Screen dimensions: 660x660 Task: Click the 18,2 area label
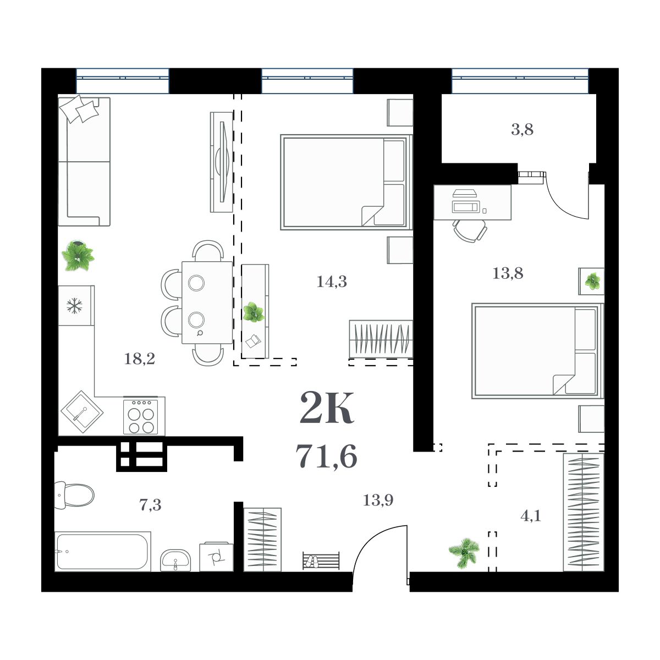pyautogui.click(x=140, y=360)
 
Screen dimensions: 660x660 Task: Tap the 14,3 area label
pyautogui.click(x=332, y=282)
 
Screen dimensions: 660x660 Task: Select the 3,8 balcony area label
pyautogui.click(x=522, y=130)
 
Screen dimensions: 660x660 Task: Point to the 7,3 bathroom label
pyautogui.click(x=150, y=505)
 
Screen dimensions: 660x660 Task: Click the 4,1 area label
pyautogui.click(x=530, y=516)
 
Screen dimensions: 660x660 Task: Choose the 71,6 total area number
pyautogui.click(x=327, y=456)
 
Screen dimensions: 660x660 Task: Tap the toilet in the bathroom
pyautogui.click(x=74, y=495)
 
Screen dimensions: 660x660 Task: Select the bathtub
pyautogui.click(x=102, y=552)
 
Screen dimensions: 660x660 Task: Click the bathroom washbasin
pyautogui.click(x=175, y=560)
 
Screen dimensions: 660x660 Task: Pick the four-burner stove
pyautogui.click(x=141, y=416)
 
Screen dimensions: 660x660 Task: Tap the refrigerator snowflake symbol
pyautogui.click(x=74, y=306)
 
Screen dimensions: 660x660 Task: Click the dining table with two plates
pyautogui.click(x=207, y=302)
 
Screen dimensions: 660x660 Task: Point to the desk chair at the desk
pyautogui.click(x=470, y=230)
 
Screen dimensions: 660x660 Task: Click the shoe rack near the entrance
pyautogui.click(x=321, y=562)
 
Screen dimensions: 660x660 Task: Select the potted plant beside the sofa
pyautogui.click(x=78, y=256)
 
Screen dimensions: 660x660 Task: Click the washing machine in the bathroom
pyautogui.click(x=216, y=557)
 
